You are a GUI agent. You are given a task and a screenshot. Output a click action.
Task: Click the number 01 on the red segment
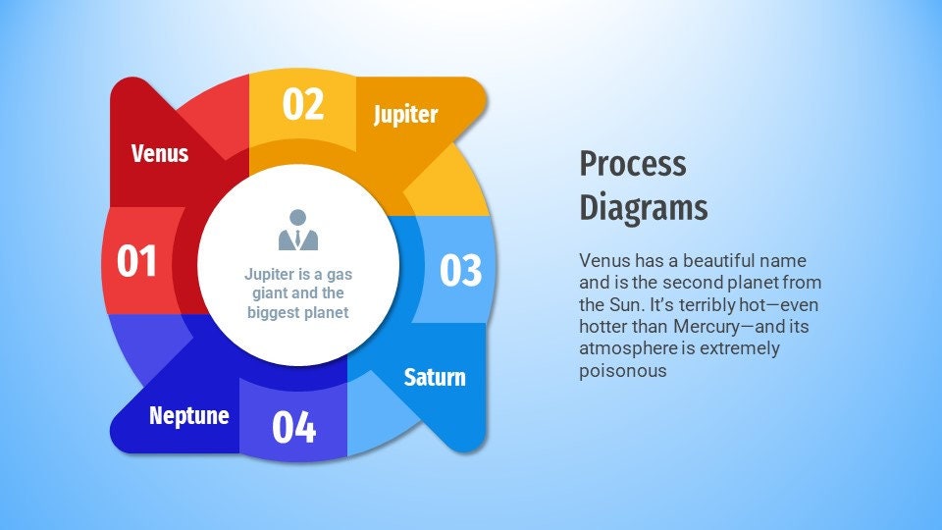point(137,262)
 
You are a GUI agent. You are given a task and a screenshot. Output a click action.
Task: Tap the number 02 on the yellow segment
point(303,104)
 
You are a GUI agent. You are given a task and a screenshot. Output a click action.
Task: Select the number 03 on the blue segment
point(460,271)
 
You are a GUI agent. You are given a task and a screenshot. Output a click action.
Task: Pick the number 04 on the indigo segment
point(293,427)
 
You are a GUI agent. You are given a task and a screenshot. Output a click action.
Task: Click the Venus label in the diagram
point(160,153)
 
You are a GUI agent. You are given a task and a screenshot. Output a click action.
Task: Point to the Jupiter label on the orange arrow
point(405,115)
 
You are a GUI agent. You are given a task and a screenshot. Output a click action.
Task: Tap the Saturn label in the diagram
point(435,377)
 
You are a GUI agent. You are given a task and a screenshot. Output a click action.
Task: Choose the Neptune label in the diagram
point(189,415)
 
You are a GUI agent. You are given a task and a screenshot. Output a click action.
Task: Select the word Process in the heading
point(633,163)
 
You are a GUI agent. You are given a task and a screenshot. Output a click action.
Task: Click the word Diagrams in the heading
point(644,208)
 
